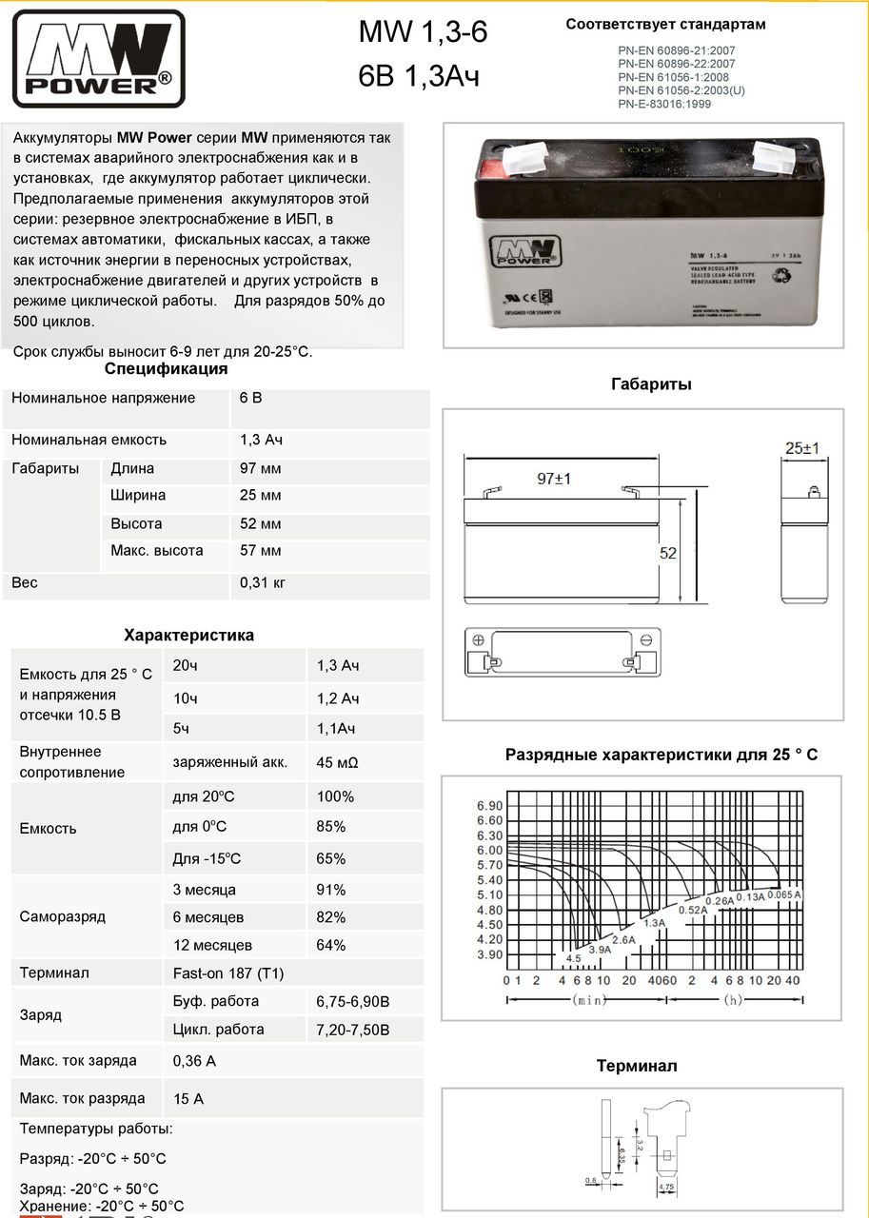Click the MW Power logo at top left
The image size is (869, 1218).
pos(98,58)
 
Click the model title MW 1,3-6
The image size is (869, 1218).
pos(423,33)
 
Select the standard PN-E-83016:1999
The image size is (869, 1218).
pos(663,104)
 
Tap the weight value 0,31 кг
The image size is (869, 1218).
pos(263,582)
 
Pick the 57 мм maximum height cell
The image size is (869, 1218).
pos(261,551)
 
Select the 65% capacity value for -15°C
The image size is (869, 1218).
pos(331,858)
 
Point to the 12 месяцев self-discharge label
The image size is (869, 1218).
pos(212,945)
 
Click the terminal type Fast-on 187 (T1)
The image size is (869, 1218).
pos(228,973)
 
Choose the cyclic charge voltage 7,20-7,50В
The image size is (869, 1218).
pos(353,1030)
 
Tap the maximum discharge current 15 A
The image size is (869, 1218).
pos(188,1099)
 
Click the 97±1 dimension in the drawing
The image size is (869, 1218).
pos(553,479)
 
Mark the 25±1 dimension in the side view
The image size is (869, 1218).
pos(802,448)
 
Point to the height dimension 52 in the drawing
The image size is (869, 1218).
pos(668,553)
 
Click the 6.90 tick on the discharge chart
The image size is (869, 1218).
pos(489,806)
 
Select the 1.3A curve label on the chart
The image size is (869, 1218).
pos(654,923)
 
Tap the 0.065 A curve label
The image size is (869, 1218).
pos(784,895)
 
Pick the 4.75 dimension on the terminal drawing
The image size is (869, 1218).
pos(666,1188)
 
